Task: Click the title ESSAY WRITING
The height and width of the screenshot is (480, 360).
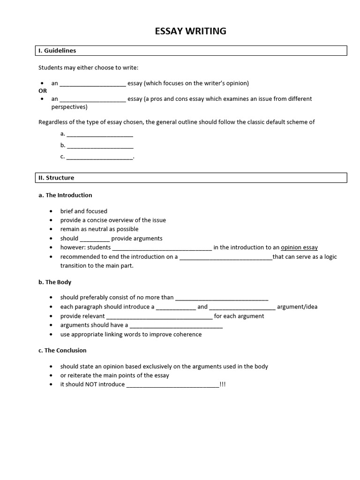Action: pos(190,31)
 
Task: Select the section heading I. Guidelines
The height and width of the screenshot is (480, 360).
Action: pos(57,51)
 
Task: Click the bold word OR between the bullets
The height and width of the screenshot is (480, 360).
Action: pos(43,91)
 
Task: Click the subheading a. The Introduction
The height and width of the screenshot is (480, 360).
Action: pos(65,195)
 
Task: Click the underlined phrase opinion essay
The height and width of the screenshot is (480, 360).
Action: pos(299,247)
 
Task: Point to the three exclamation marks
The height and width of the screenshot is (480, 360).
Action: pos(223,384)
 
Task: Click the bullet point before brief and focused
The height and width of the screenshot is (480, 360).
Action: pos(51,211)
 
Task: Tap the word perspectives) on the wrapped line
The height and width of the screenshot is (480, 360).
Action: pos(69,107)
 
